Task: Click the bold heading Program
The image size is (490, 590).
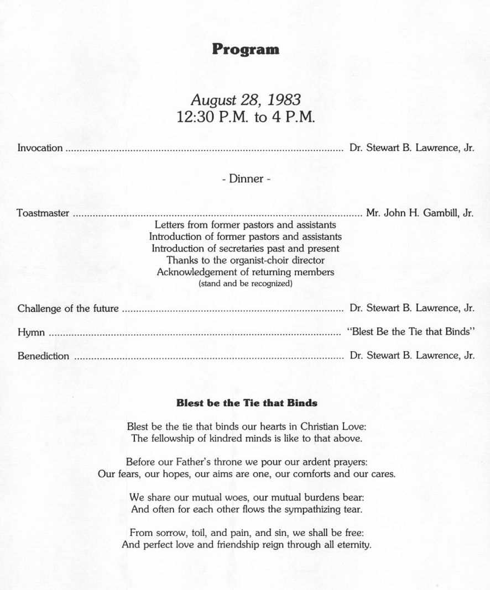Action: pyautogui.click(x=246, y=49)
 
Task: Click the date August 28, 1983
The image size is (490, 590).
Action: pyautogui.click(x=246, y=100)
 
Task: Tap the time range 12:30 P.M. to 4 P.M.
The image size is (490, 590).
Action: pyautogui.click(x=246, y=118)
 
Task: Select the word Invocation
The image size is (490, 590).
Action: pyautogui.click(x=40, y=148)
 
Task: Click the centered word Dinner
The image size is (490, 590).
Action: pyautogui.click(x=246, y=178)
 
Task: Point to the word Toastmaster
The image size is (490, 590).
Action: pyautogui.click(x=43, y=213)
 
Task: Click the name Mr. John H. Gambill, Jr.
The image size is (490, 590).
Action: pyautogui.click(x=420, y=213)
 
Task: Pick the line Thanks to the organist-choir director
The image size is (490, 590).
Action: pyautogui.click(x=246, y=260)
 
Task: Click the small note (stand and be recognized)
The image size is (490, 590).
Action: pyautogui.click(x=246, y=283)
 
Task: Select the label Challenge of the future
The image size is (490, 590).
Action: pyautogui.click(x=68, y=308)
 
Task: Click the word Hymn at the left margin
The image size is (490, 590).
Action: pyautogui.click(x=31, y=333)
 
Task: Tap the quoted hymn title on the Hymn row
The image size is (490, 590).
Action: pyautogui.click(x=410, y=332)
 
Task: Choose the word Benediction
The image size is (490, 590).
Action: pyautogui.click(x=44, y=356)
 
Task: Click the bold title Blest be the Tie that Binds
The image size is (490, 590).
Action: pyautogui.click(x=247, y=403)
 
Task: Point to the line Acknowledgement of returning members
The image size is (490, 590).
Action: pyautogui.click(x=246, y=272)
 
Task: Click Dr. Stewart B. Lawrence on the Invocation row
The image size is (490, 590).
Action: pyautogui.click(x=412, y=148)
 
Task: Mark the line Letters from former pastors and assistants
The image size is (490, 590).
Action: pyautogui.click(x=246, y=225)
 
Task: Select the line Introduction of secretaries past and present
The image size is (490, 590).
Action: pyautogui.click(x=246, y=248)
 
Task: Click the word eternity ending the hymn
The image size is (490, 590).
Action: pyautogui.click(x=351, y=544)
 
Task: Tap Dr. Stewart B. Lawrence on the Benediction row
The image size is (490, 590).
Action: pyautogui.click(x=412, y=356)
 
